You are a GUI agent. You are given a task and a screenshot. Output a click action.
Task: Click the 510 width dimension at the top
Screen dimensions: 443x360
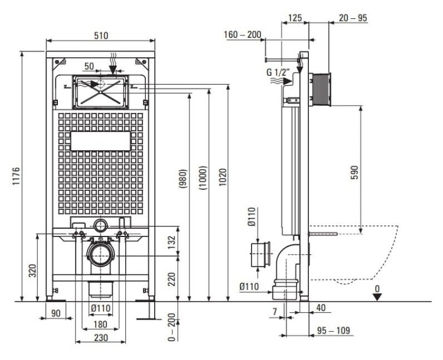click(101, 35)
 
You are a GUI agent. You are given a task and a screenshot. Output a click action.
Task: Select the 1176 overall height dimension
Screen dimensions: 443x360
click(16, 176)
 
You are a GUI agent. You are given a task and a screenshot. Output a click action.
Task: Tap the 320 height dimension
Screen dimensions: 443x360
click(32, 271)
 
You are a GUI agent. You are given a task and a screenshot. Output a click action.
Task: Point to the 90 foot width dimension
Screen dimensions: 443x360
click(56, 313)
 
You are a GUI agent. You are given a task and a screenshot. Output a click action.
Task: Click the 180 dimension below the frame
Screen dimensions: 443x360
click(100, 325)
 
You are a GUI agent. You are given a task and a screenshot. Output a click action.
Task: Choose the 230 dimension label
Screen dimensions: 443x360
click(101, 338)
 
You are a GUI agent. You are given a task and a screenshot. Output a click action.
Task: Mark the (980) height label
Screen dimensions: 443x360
click(183, 179)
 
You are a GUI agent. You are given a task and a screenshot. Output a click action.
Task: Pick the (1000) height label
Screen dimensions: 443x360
click(203, 177)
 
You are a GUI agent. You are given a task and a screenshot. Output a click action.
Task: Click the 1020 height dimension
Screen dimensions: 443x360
click(223, 177)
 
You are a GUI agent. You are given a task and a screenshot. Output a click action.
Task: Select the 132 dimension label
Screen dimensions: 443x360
click(171, 242)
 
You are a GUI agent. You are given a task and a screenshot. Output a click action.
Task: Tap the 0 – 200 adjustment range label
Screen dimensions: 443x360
click(171, 327)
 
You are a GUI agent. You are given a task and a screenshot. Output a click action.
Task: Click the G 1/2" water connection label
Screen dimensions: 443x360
click(278, 72)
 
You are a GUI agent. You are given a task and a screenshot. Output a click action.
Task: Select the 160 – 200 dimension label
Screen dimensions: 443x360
click(242, 35)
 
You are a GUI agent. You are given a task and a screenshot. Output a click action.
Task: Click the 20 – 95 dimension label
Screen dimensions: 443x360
click(353, 18)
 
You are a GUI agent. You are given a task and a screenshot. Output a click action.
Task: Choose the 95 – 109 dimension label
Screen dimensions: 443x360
click(333, 330)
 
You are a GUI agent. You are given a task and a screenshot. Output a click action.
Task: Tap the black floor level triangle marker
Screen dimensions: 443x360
click(377, 297)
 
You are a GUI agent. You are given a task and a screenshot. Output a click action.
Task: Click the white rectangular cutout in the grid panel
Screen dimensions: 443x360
click(100, 141)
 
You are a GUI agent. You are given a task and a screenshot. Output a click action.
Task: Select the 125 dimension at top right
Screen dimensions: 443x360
click(295, 18)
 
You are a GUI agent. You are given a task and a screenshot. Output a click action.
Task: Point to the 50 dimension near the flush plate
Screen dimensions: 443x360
click(89, 66)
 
